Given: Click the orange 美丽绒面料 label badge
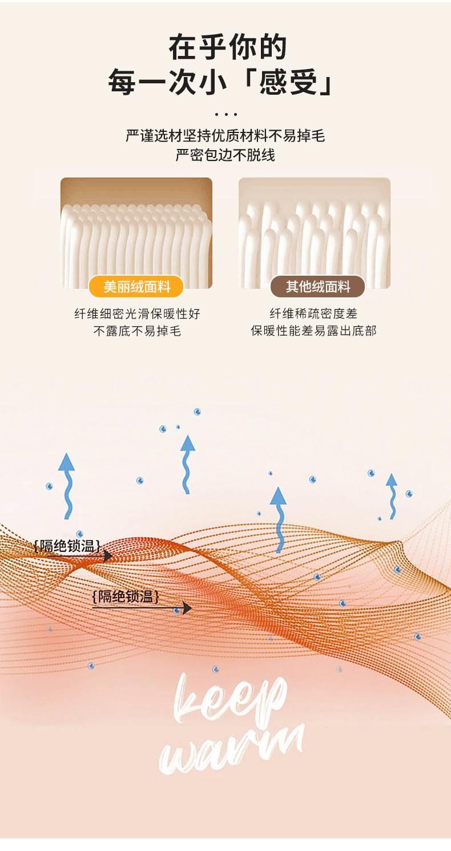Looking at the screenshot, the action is point(136,287).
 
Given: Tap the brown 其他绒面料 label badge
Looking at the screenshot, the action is point(317,287).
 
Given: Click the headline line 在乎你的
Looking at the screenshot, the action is point(227,47).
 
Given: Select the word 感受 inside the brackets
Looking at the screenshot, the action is point(288,82).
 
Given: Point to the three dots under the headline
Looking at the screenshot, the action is point(226,114).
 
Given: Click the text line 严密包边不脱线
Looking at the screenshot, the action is point(226,155).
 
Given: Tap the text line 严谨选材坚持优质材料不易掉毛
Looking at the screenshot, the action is point(226,136).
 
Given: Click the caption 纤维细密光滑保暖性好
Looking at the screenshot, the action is point(137,314).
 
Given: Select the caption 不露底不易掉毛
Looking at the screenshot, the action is point(137,331).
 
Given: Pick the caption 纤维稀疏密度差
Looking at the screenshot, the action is point(313,313).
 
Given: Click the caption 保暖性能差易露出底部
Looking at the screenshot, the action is point(313,330).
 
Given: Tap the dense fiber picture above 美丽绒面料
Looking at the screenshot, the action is point(136,232).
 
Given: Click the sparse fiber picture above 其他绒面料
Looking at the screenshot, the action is point(315,232).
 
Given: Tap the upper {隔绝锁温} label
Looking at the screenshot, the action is point(67,546).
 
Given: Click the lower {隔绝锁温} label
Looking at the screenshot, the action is point(126,596).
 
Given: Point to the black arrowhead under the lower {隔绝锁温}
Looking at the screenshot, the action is point(186,608).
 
